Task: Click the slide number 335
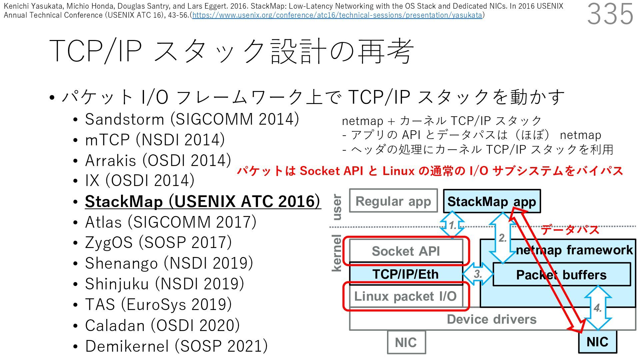pyautogui.click(x=610, y=14)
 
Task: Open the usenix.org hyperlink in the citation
pyautogui.click(x=337, y=15)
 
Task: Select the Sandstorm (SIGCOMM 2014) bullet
pyautogui.click(x=192, y=119)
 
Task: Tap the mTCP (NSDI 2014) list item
pyautogui.click(x=155, y=140)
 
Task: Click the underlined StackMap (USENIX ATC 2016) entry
pyautogui.click(x=203, y=201)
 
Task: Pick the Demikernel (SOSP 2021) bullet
pyautogui.click(x=176, y=346)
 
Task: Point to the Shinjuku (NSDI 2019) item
pyautogui.click(x=164, y=284)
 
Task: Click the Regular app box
pyautogui.click(x=393, y=201)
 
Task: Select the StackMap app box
pyautogui.click(x=491, y=201)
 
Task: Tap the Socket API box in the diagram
pyautogui.click(x=406, y=251)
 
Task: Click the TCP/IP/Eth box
pyautogui.click(x=406, y=274)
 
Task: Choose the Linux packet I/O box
pyautogui.click(x=405, y=296)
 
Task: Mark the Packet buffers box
pyautogui.click(x=561, y=275)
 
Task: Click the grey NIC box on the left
pyautogui.click(x=406, y=342)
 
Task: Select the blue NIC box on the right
pyautogui.click(x=597, y=342)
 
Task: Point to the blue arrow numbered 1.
pyautogui.click(x=452, y=225)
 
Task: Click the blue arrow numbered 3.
pyautogui.click(x=478, y=274)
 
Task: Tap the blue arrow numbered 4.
pyautogui.click(x=598, y=307)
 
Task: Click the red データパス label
pyautogui.click(x=570, y=230)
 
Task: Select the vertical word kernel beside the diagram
pyautogui.click(x=337, y=253)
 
